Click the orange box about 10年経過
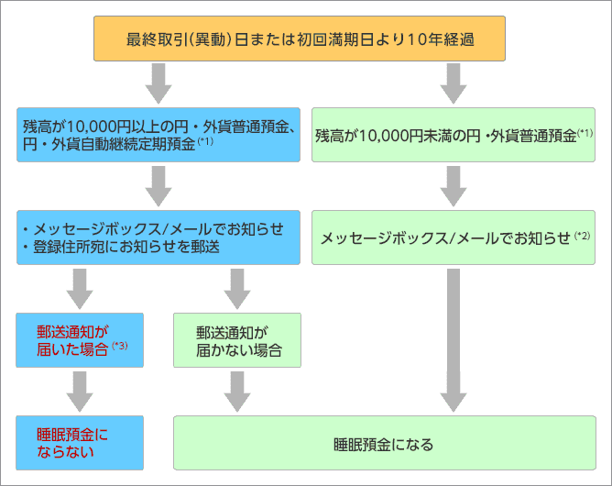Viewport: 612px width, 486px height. [x=300, y=39]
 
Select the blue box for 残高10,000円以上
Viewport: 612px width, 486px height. [x=158, y=135]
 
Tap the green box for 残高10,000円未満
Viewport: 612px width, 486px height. [x=454, y=135]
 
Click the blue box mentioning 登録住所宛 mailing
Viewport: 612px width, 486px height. [x=158, y=237]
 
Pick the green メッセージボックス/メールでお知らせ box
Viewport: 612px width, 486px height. [x=454, y=237]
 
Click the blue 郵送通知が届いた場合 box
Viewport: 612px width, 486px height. [x=80, y=340]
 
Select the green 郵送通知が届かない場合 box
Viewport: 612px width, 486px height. [x=237, y=340]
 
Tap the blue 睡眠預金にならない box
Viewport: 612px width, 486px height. [x=80, y=442]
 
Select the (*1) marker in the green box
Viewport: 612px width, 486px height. [x=585, y=132]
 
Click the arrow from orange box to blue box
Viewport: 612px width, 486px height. [x=158, y=84]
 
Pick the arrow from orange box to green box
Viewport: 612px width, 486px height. [x=453, y=84]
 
